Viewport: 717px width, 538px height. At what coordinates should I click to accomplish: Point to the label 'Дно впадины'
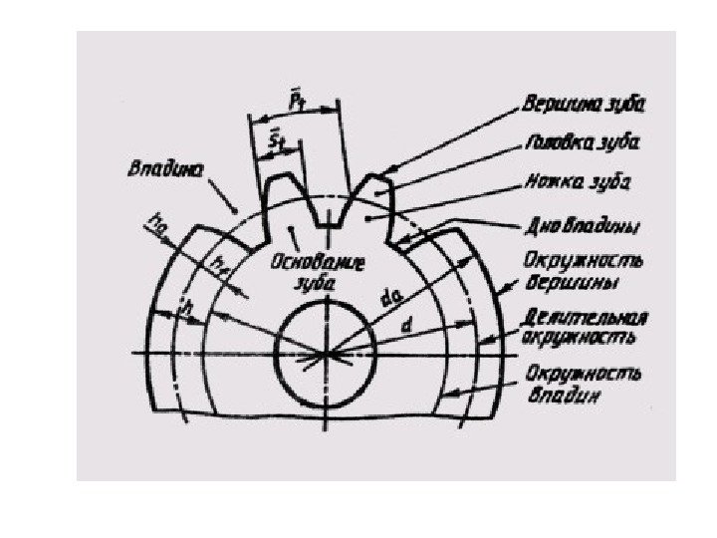pyautogui.click(x=584, y=225)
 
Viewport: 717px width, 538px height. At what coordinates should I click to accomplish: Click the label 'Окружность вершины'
pyautogui.click(x=584, y=271)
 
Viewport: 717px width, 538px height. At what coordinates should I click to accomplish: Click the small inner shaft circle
pyautogui.click(x=325, y=352)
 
